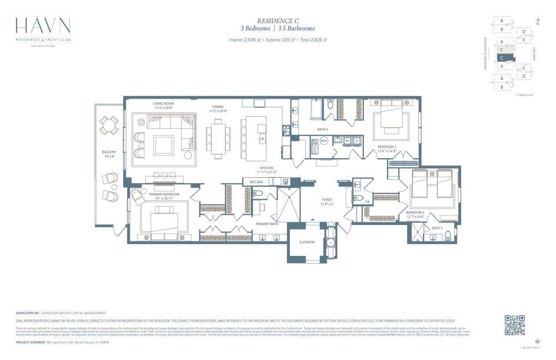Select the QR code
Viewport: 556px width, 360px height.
point(515,325)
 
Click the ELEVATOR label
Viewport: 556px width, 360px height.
point(307,242)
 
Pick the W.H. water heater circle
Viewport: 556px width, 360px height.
point(324,141)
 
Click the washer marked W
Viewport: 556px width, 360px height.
point(347,141)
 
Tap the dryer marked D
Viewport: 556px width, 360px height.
point(357,141)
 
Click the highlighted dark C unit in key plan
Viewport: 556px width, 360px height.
point(505,58)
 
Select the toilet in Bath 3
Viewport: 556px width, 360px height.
point(448,235)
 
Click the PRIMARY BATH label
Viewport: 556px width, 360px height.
point(267,224)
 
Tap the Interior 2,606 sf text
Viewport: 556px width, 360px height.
point(244,40)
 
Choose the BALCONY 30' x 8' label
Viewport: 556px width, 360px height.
point(109,154)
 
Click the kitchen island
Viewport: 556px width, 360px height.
point(256,139)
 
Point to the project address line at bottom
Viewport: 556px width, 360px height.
point(62,342)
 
